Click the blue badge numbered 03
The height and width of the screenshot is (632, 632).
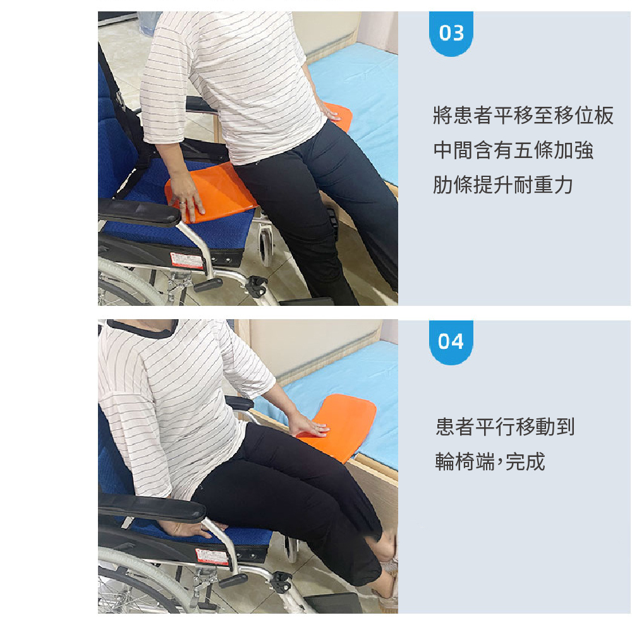coord(451,33)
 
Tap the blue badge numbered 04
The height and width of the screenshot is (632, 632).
coord(451,342)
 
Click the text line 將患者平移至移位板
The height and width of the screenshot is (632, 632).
coord(523,116)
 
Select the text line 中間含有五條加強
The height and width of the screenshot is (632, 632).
coord(513,150)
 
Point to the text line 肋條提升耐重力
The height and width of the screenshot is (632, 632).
coord(503,185)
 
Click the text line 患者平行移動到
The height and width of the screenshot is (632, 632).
coord(505,427)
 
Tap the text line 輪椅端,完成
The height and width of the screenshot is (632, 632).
coord(490,461)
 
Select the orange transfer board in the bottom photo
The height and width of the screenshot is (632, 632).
coord(339,427)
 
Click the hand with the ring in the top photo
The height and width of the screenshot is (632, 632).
coord(188,197)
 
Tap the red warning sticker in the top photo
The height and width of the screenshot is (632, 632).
coord(186,260)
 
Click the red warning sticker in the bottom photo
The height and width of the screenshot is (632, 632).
coord(212,557)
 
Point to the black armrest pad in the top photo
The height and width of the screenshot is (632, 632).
coord(139,212)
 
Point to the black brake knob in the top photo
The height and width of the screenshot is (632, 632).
coord(257,286)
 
